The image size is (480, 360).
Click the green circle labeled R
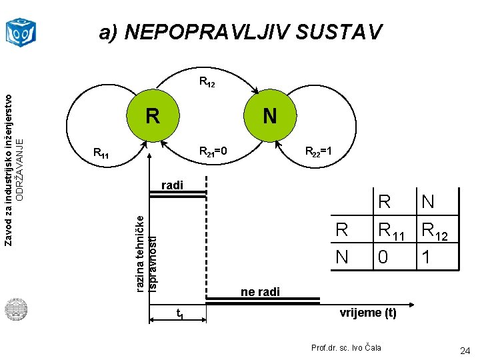pos(153,117)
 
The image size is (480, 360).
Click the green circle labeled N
pos(269,117)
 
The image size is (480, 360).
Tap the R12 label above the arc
pos(207,83)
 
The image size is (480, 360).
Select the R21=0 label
pos(213,153)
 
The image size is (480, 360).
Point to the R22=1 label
pos(319,153)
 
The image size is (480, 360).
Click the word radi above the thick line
pos(172,185)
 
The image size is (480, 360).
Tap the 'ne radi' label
pos(260,292)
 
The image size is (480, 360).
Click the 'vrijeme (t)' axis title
pos(368,312)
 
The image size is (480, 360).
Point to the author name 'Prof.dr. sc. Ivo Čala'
pos(347,348)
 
